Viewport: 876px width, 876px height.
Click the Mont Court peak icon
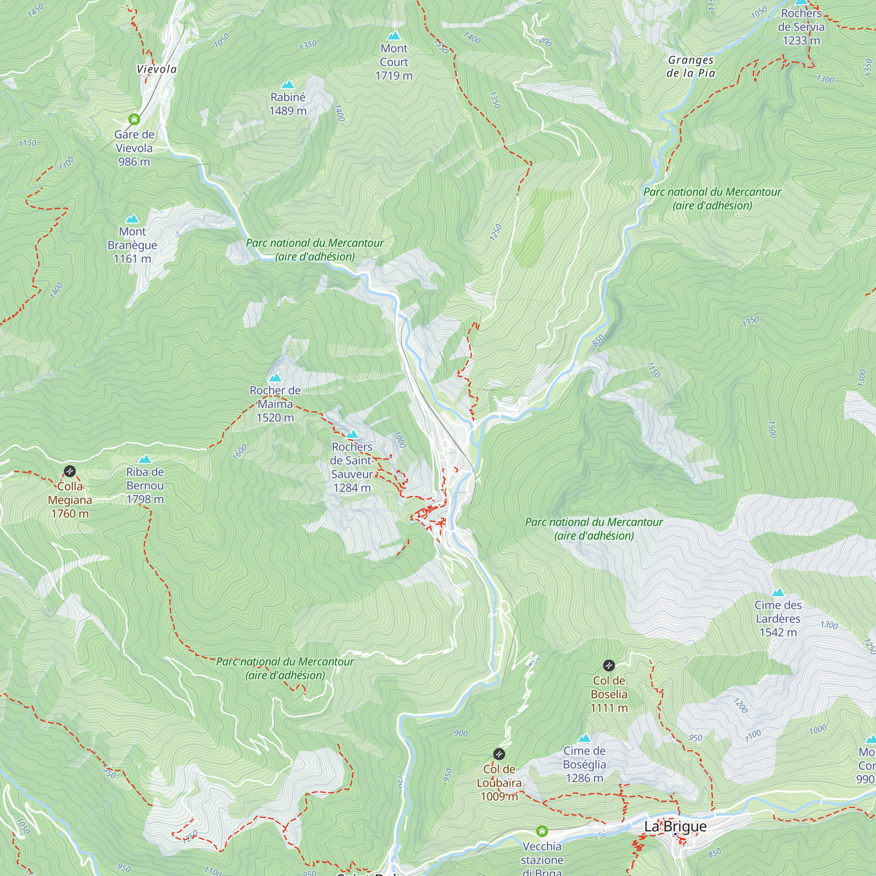point(394,35)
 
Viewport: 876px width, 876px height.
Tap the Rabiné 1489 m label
point(287,104)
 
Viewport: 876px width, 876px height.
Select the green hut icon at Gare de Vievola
point(134,119)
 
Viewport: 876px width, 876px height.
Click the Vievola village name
point(156,69)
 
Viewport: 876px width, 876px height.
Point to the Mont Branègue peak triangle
point(132,219)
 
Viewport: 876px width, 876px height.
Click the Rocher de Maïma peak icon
point(275,378)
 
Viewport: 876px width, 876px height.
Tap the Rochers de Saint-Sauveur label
point(352,467)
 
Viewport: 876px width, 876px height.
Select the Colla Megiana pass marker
point(69,471)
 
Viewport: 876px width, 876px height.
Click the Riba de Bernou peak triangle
point(145,459)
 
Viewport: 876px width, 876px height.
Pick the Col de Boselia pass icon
point(608,666)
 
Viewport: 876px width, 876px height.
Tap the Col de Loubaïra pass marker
point(499,754)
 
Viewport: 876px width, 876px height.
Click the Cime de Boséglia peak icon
point(584,738)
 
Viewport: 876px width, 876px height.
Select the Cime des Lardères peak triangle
point(777,592)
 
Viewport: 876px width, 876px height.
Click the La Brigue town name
point(675,826)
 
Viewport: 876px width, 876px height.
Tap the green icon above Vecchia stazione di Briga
point(542,831)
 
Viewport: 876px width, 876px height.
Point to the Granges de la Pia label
point(691,67)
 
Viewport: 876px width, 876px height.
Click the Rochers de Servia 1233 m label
point(801,27)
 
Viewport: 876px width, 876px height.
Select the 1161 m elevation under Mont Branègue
point(132,259)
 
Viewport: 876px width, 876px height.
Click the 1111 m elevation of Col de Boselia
point(608,708)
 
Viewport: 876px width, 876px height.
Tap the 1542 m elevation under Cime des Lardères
point(777,632)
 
